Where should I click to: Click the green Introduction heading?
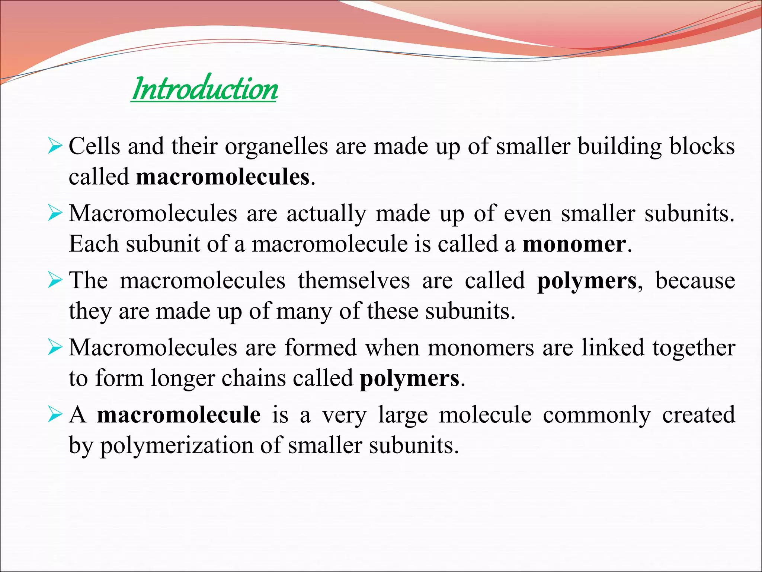(x=205, y=89)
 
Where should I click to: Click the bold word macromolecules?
(x=222, y=177)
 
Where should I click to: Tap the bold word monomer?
(x=574, y=244)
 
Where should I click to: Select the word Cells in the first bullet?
(x=95, y=146)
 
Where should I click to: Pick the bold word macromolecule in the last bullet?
(x=179, y=415)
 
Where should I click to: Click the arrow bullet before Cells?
(x=55, y=146)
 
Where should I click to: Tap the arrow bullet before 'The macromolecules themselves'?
(x=55, y=280)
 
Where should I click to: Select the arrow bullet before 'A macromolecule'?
(x=55, y=414)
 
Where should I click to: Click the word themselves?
(x=353, y=280)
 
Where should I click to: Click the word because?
(x=695, y=280)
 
